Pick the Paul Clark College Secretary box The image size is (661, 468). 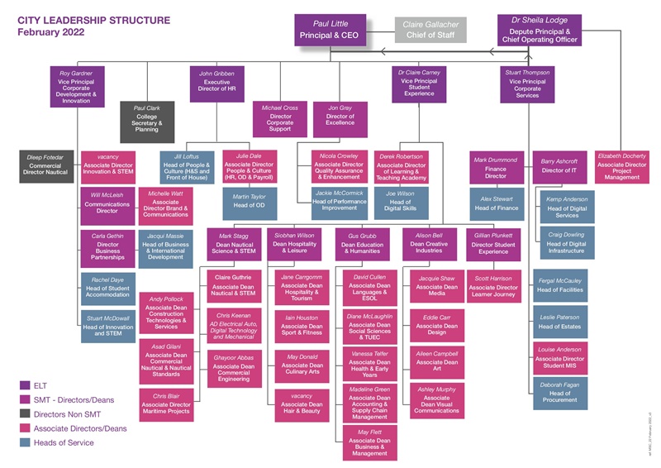(146, 118)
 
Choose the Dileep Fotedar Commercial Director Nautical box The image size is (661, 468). (46, 165)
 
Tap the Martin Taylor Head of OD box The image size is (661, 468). (249, 201)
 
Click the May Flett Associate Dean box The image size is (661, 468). (369, 442)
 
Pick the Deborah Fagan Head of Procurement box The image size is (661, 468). (559, 390)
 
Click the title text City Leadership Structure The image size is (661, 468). (94, 19)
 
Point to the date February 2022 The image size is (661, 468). (51, 32)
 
